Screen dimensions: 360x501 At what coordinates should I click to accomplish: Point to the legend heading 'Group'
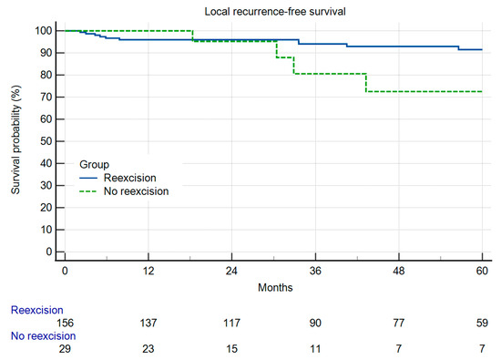(94, 165)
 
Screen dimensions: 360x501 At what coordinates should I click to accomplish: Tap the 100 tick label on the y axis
(42, 31)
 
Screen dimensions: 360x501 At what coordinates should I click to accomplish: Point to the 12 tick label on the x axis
(148, 273)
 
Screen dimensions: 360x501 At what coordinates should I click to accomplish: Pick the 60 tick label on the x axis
(482, 273)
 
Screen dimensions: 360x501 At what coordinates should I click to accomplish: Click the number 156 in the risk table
(64, 324)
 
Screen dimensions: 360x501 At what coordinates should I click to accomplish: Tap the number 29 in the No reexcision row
(64, 349)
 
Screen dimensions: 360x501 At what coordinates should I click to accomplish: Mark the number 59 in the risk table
(482, 324)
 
